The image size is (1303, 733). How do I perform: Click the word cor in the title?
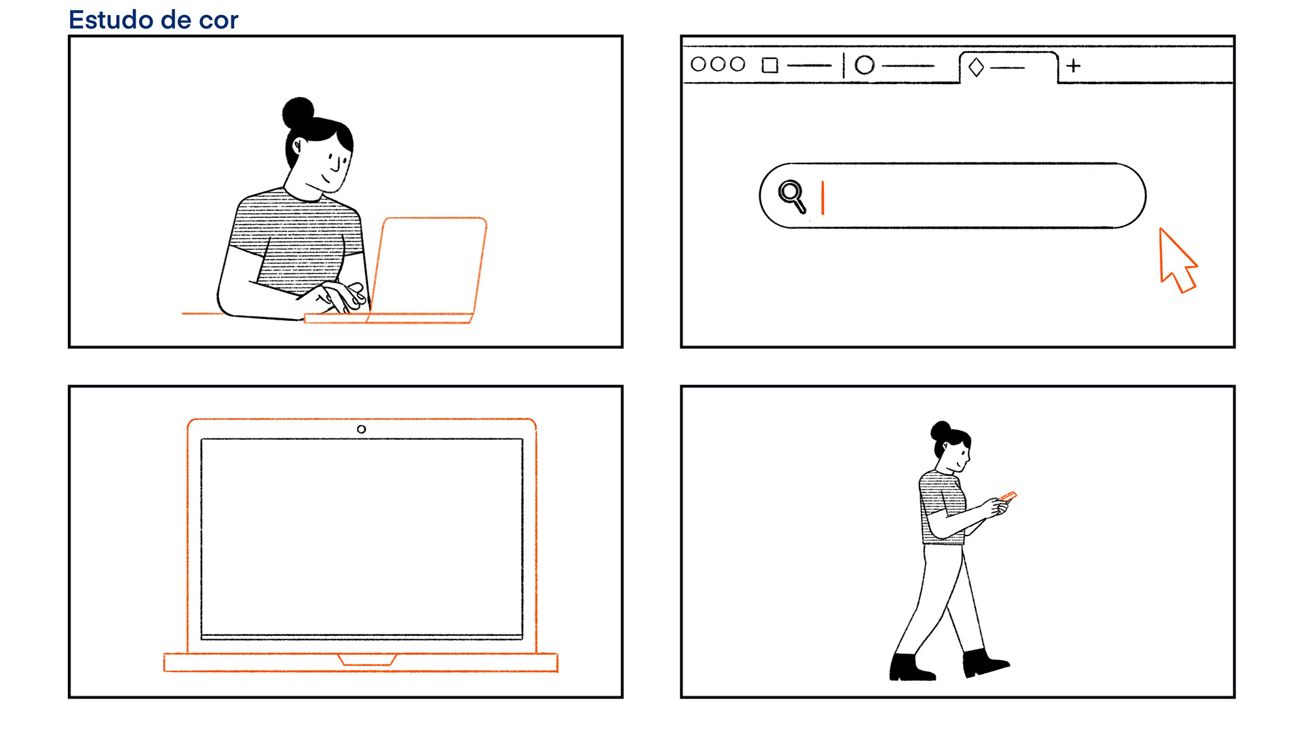coord(219,21)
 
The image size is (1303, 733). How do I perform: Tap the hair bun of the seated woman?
coord(298,113)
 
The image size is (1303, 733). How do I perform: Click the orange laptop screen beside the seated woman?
coord(429,266)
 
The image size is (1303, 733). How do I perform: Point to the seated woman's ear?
coord(298,145)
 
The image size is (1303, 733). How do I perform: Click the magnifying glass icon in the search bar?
coord(792,196)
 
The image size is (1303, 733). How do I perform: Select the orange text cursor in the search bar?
coord(823,198)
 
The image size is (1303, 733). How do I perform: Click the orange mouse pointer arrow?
coord(1177,261)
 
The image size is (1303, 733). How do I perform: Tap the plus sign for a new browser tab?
coord(1074,66)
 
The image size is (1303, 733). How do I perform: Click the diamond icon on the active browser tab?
coord(976,67)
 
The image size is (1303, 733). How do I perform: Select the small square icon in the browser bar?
coord(770,65)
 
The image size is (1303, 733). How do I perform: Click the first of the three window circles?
coord(698,64)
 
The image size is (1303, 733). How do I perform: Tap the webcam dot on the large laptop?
coord(362,429)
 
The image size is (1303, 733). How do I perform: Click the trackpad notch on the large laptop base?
coord(367,660)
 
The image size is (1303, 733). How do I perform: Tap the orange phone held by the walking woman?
coord(1008,497)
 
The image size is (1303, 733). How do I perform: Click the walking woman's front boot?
coord(985,662)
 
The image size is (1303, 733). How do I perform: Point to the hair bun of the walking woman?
coord(940,430)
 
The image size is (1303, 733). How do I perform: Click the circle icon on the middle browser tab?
coord(865,65)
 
